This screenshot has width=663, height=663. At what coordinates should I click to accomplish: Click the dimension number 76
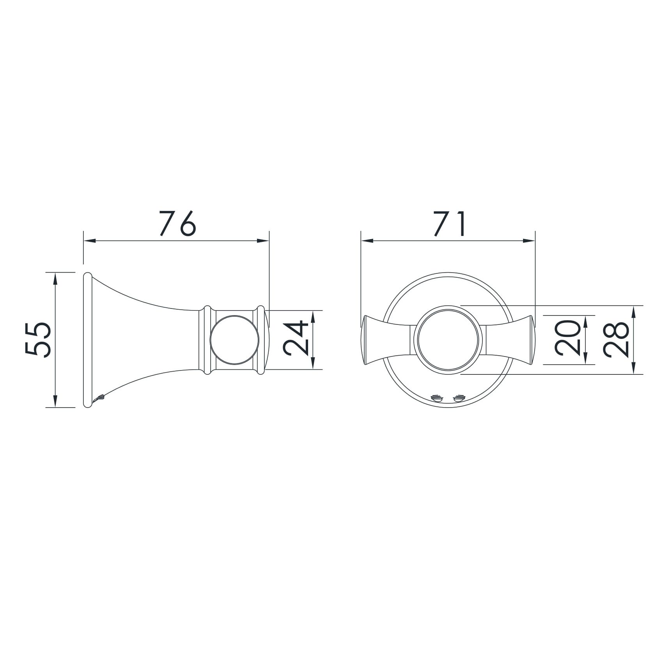(177, 224)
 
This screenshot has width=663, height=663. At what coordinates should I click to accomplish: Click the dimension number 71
(449, 224)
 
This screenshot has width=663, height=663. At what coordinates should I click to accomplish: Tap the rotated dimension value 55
(38, 339)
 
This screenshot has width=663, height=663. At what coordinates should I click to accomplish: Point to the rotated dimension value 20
(567, 339)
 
